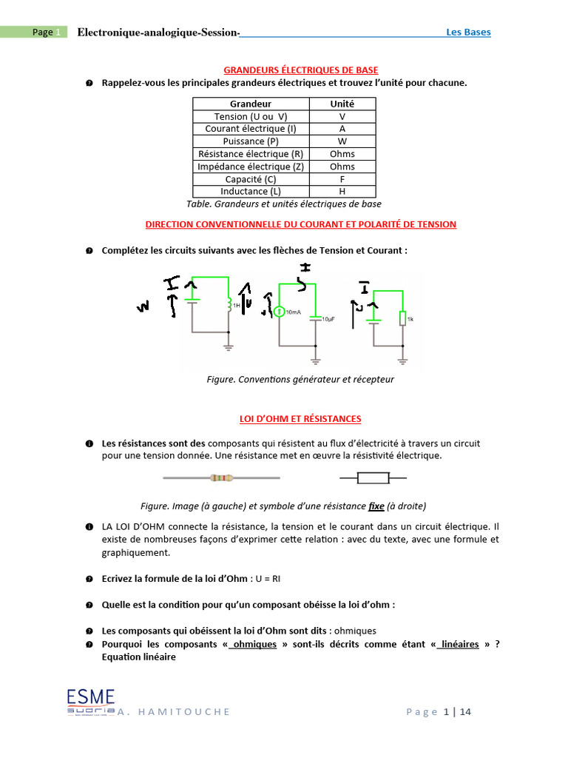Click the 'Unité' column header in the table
(342, 104)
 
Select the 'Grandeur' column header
(250, 104)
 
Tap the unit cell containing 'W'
(342, 141)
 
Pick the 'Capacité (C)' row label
(250, 179)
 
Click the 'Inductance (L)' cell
(250, 192)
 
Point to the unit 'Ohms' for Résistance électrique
(342, 154)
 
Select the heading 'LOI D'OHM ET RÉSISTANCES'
(300, 419)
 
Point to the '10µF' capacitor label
(328, 318)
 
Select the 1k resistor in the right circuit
(402, 318)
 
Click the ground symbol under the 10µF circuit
(316, 360)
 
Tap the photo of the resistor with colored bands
(221, 478)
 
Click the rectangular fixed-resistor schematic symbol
(373, 478)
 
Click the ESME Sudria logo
(90, 701)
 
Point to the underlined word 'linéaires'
(460, 644)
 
